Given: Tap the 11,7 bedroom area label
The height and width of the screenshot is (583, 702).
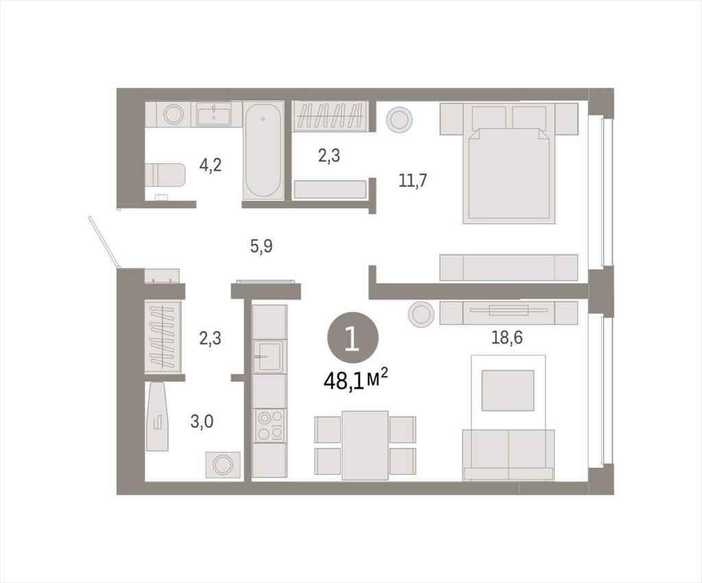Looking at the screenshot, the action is tap(413, 180).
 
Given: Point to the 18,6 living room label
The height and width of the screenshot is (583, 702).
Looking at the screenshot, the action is tap(507, 337).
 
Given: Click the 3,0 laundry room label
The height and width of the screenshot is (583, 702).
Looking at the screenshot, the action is tap(202, 421).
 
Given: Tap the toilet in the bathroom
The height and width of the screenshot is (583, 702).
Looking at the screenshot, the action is tap(165, 175).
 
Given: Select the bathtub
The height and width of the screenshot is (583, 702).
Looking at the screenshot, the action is tap(264, 150).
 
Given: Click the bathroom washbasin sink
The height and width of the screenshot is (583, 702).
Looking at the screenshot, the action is tap(214, 114).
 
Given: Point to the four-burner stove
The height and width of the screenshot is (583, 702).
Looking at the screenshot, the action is tap(269, 425).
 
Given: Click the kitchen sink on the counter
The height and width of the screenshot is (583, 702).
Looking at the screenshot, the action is tap(269, 356).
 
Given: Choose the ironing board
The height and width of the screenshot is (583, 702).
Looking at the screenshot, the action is tap(158, 416).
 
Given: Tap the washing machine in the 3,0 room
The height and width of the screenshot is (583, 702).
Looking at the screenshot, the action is tap(223, 464).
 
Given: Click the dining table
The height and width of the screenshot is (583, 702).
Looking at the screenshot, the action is tap(365, 446).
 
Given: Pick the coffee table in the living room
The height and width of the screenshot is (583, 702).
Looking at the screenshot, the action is tap(508, 390).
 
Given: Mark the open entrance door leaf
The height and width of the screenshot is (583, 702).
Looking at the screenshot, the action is tap(104, 242).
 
